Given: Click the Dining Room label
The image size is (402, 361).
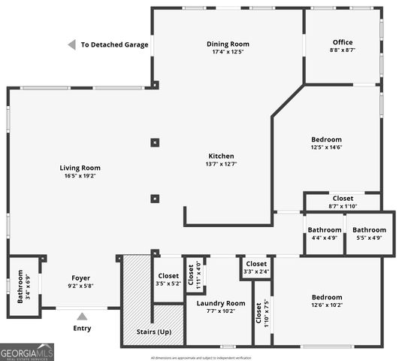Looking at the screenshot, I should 227,47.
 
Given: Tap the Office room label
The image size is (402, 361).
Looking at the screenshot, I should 342,46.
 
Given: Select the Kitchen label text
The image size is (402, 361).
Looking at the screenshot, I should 220,159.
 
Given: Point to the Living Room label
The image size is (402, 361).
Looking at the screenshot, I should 80,171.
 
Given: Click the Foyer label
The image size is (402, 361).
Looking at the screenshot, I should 80,281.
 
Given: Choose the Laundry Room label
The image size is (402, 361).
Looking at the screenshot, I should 216,307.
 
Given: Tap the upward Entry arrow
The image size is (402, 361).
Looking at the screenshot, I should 82,316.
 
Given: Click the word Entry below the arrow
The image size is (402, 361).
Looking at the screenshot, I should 82,329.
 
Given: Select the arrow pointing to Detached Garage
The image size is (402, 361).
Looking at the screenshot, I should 71,45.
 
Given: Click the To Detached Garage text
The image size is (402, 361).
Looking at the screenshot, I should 114,45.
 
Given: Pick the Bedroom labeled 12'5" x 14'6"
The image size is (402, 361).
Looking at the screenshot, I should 326,143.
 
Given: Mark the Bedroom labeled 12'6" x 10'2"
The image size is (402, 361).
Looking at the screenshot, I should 326,301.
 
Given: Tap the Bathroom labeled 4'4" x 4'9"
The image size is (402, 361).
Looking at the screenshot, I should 325,233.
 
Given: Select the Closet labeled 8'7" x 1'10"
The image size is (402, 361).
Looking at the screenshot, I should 343,202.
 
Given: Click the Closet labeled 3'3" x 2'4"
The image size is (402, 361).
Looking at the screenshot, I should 256,268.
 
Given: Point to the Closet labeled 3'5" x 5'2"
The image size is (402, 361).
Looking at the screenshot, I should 168,279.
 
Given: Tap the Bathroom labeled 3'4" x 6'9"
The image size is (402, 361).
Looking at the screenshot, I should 23,287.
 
